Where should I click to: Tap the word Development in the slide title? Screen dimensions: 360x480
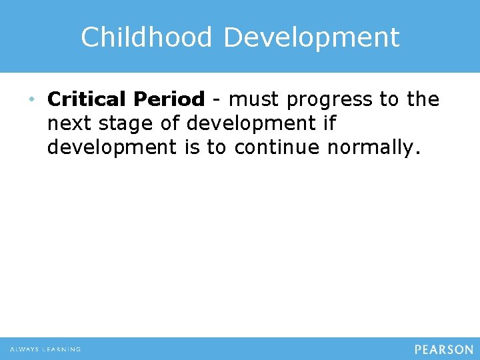pos(311,37)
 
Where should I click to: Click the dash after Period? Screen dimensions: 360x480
pos(216,100)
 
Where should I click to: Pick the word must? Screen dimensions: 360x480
pos(253,99)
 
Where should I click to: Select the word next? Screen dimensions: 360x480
pos(69,123)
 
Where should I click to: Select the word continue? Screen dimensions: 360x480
pos(275,147)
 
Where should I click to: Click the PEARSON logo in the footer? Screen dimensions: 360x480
pos(443,349)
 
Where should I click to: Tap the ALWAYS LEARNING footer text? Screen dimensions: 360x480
pos(45,349)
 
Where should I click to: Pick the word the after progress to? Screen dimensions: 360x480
pos(423,99)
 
